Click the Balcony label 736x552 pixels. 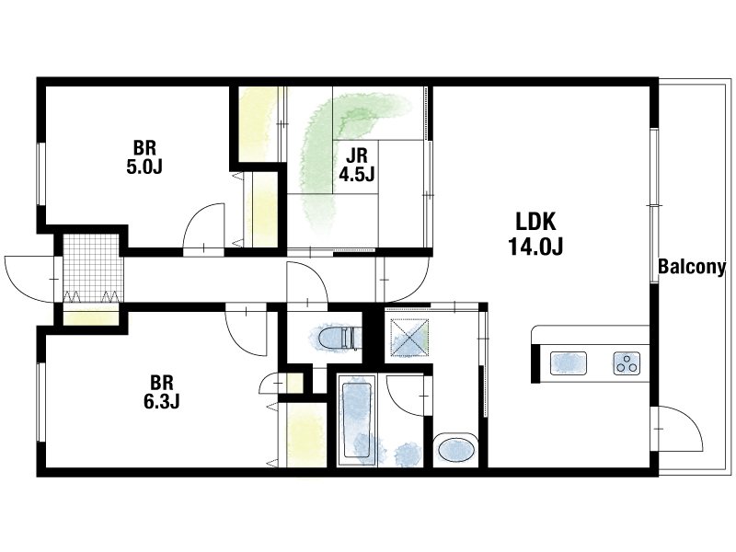click(692, 267)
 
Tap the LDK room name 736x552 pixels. click(536, 222)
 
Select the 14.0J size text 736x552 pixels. click(536, 246)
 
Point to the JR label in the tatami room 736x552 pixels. click(357, 155)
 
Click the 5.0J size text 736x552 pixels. click(144, 167)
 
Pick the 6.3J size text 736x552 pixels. click(162, 402)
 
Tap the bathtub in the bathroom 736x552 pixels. click(357, 420)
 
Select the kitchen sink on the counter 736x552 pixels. click(569, 363)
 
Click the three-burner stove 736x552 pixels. click(627, 363)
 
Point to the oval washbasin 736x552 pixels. click(455, 450)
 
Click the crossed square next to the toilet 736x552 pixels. click(409, 338)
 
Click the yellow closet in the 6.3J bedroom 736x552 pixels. click(307, 434)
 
